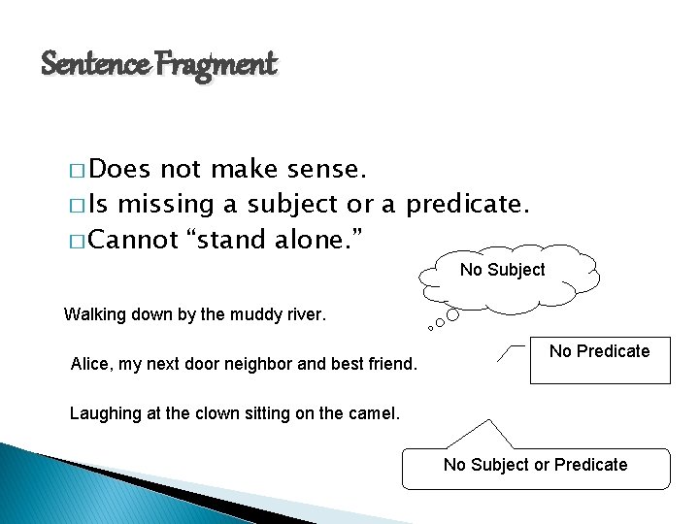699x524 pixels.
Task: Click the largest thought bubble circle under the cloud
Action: pyautogui.click(x=453, y=314)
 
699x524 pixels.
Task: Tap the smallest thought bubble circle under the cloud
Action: pyautogui.click(x=430, y=328)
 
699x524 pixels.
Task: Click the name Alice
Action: pyautogui.click(x=90, y=365)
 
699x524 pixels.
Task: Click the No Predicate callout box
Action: pyautogui.click(x=599, y=358)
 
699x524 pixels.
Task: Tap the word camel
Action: pyautogui.click(x=373, y=413)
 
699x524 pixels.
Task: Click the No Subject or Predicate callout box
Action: pyautogui.click(x=535, y=467)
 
